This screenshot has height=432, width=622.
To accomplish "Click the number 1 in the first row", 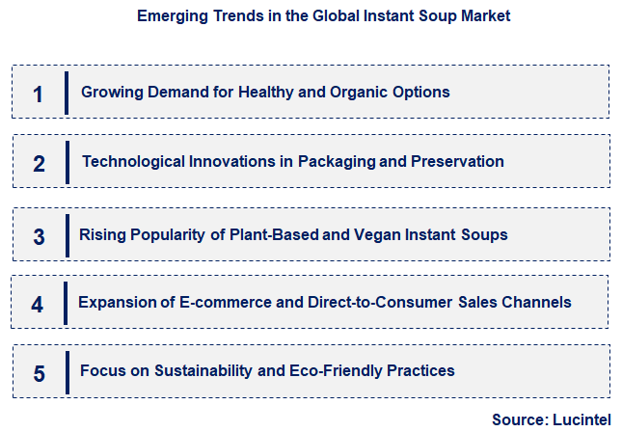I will [39, 94].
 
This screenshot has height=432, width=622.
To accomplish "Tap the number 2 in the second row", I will [39, 163].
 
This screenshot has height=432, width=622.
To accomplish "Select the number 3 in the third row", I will [39, 236].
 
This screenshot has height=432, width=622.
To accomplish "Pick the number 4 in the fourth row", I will [37, 305].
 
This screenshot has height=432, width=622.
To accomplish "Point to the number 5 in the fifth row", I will [39, 373].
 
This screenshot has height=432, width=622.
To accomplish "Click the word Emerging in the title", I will [168, 15].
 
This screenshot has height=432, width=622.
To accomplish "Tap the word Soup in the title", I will [417, 15].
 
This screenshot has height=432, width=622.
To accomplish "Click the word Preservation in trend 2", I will [457, 161].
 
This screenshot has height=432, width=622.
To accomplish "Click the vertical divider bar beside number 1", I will [67, 93].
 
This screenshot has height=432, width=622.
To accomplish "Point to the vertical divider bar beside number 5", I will [67, 371].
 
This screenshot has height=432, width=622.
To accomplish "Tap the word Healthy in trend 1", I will [249, 93].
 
